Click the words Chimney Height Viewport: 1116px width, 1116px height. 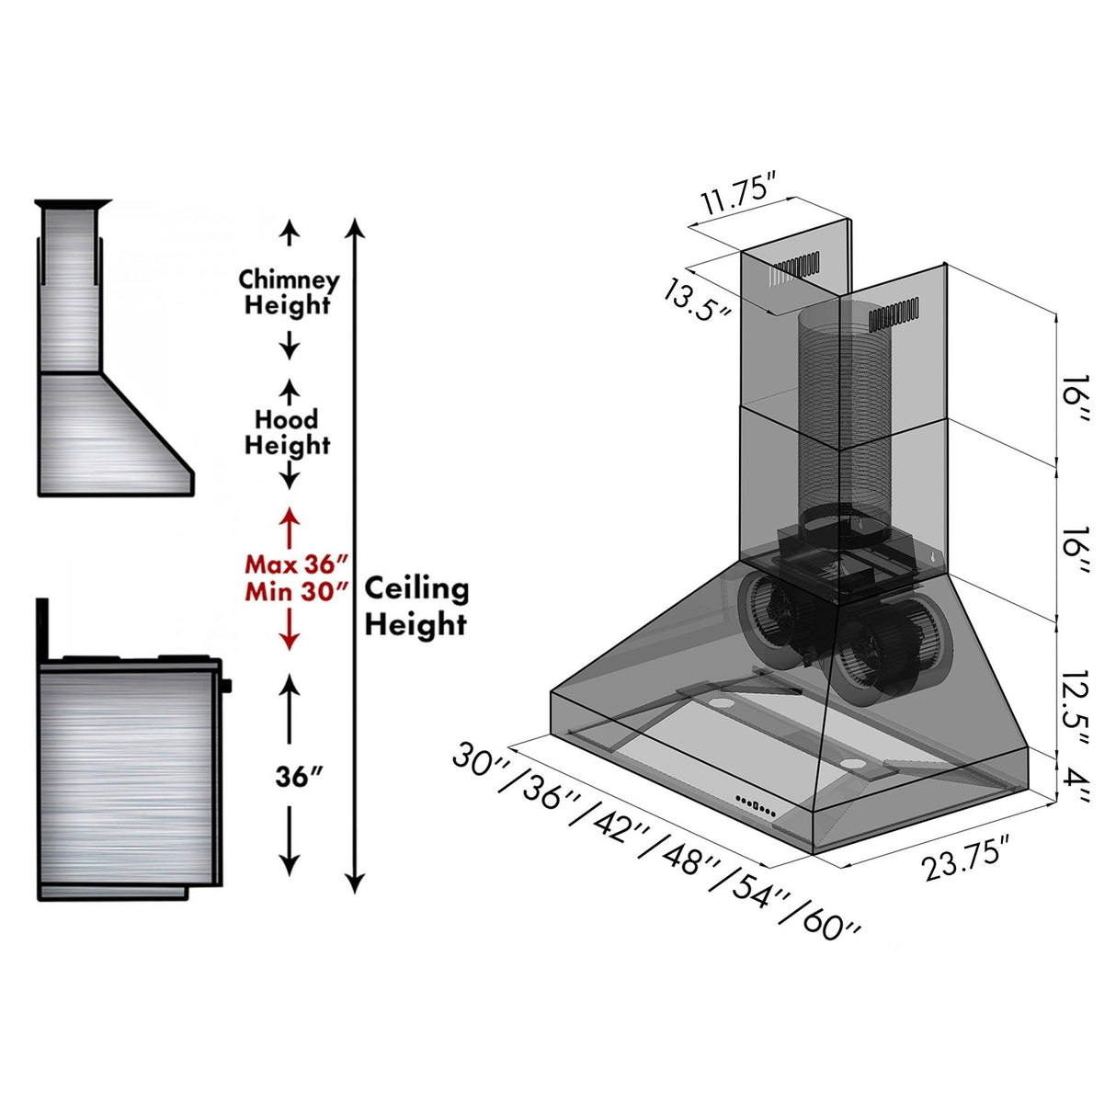[288, 292]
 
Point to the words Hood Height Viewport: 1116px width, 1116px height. [287, 432]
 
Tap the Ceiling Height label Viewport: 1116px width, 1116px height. [416, 606]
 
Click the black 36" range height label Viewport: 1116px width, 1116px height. [299, 777]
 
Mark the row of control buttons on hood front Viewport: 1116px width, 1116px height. [755, 806]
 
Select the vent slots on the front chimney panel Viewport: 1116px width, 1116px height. [894, 317]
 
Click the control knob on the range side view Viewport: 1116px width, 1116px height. [226, 685]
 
